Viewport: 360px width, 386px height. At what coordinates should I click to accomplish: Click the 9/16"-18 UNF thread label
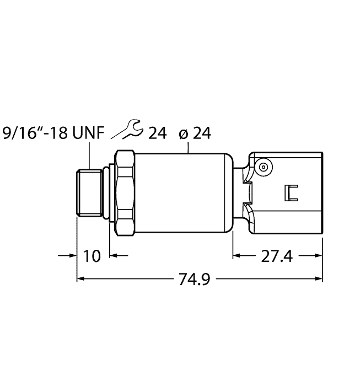(53, 133)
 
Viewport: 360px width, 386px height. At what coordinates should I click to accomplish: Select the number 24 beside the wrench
(157, 133)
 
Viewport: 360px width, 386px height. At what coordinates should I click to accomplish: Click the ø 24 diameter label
(195, 133)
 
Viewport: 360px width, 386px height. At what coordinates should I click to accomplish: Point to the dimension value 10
(92, 256)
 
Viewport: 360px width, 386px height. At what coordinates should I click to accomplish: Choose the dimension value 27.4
(277, 256)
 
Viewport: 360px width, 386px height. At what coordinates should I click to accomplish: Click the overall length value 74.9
(195, 279)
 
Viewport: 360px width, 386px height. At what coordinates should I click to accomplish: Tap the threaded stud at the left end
(89, 193)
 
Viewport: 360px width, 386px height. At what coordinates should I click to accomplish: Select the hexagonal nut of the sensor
(125, 192)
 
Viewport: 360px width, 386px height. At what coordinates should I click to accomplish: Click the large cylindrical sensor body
(184, 193)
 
